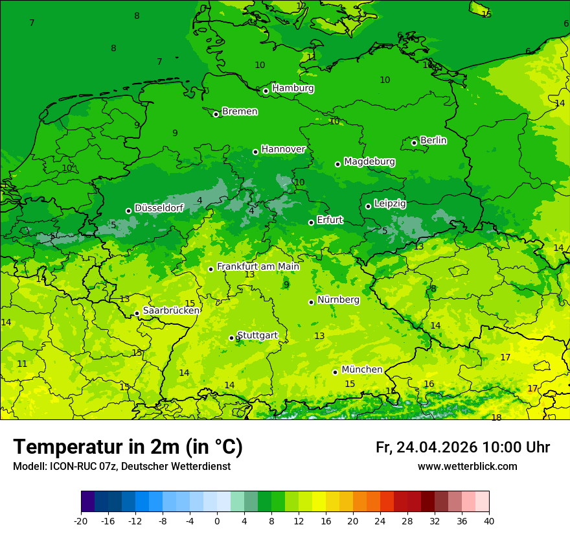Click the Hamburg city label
pyautogui.click(x=293, y=88)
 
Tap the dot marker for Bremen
pyautogui.click(x=216, y=114)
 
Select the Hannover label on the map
pyautogui.click(x=283, y=149)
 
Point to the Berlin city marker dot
pyautogui.click(x=415, y=143)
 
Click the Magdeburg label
pyautogui.click(x=369, y=161)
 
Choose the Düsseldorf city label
pyautogui.click(x=159, y=208)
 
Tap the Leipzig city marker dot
pyautogui.click(x=369, y=206)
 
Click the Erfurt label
pyautogui.click(x=330, y=220)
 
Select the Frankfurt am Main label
pyautogui.click(x=258, y=266)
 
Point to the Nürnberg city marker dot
pyautogui.click(x=312, y=302)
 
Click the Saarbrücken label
pyautogui.click(x=171, y=310)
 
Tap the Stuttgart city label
pyautogui.click(x=258, y=335)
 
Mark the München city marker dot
pyautogui.click(x=336, y=372)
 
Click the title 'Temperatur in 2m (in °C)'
pyautogui.click(x=128, y=447)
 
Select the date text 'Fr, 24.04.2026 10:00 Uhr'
pyautogui.click(x=462, y=447)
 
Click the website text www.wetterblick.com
pyautogui.click(x=467, y=467)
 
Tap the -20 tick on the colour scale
pyautogui.click(x=81, y=521)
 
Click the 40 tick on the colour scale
pyautogui.click(x=489, y=521)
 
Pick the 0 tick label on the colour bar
pyautogui.click(x=217, y=521)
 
